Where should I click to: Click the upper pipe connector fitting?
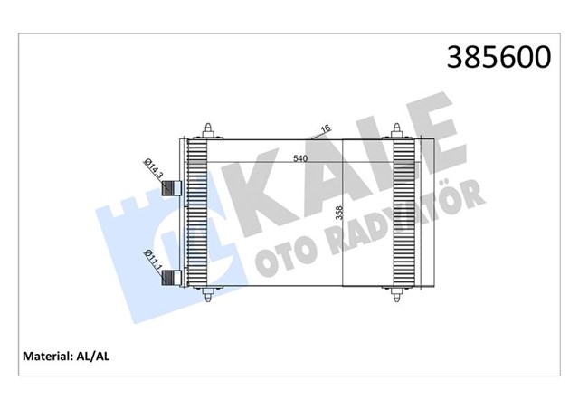170,189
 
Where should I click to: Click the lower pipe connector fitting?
170,277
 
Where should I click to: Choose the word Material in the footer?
45,357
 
